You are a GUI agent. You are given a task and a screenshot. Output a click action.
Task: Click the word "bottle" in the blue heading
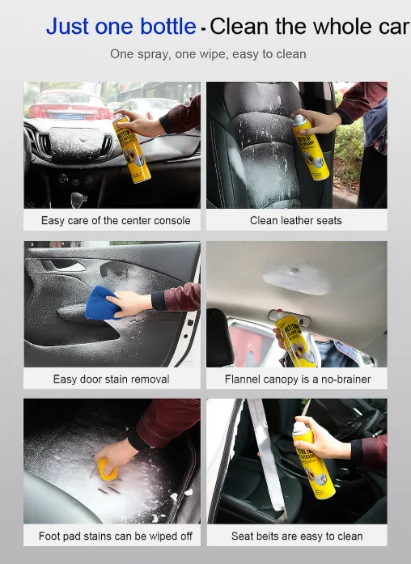click(x=168, y=27)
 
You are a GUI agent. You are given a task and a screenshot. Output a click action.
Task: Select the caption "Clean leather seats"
click(x=296, y=220)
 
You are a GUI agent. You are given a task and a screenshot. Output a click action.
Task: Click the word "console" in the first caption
click(x=172, y=220)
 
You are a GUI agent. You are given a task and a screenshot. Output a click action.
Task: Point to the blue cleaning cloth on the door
click(x=104, y=303)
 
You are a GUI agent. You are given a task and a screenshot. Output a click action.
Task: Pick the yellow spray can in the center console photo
click(x=131, y=150)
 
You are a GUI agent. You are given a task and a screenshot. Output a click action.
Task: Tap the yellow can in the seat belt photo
click(x=313, y=460)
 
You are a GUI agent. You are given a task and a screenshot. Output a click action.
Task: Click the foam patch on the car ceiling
click(x=297, y=279)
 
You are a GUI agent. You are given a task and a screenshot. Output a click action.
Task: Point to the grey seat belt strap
click(x=266, y=457)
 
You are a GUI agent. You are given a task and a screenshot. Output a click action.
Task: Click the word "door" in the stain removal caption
click(x=91, y=380)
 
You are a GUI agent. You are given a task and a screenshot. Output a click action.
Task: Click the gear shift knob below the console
click(x=78, y=198)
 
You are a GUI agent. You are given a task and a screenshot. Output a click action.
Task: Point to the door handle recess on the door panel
click(x=115, y=269)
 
